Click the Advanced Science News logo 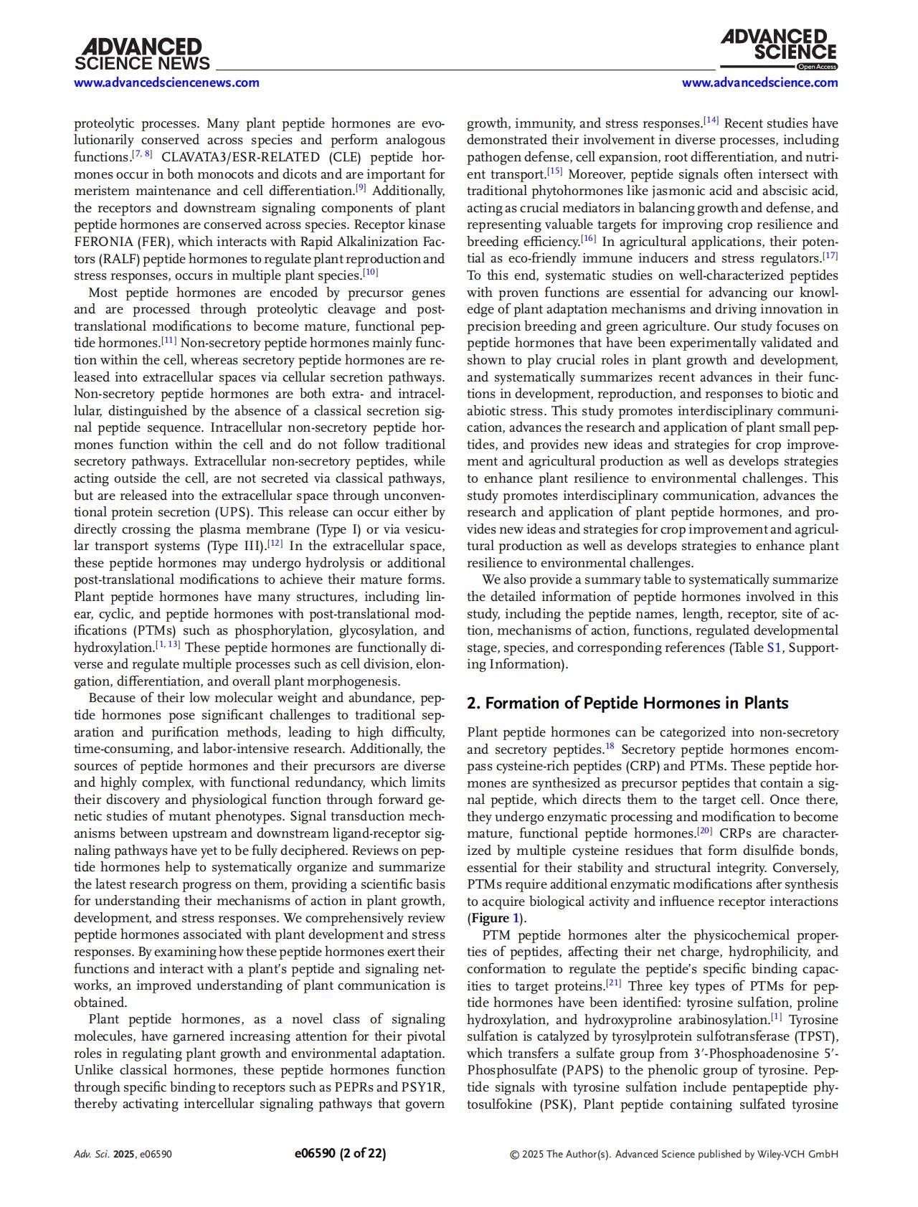[x=142, y=55]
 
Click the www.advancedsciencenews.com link [x=167, y=82]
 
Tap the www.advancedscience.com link [x=760, y=82]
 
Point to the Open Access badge [x=817, y=67]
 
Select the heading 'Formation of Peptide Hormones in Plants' [x=628, y=703]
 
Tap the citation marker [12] [x=275, y=544]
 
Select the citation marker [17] [x=830, y=255]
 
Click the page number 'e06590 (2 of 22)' [x=340, y=1153]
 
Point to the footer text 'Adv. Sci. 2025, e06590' [x=123, y=1154]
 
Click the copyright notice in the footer [x=673, y=1154]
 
